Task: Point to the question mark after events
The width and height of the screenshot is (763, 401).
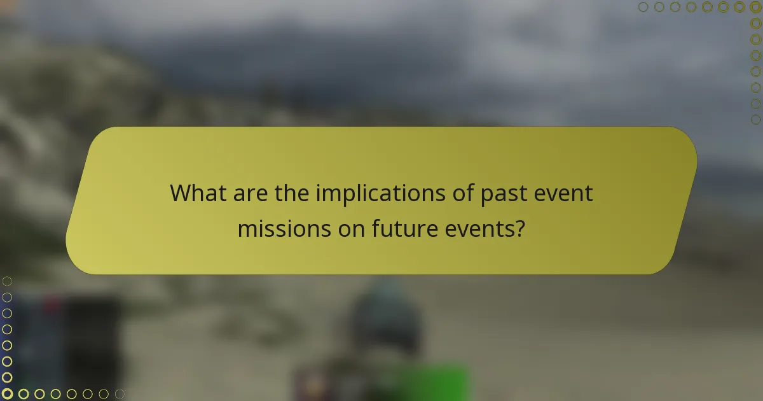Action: coord(520,228)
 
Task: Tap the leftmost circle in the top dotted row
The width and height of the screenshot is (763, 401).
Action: coord(643,7)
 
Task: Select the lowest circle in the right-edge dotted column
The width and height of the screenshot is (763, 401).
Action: coord(755,119)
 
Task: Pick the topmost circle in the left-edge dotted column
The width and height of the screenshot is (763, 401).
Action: coord(7,281)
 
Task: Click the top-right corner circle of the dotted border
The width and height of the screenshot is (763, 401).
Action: coord(755,7)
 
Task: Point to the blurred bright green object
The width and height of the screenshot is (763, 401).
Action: coord(432,382)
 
